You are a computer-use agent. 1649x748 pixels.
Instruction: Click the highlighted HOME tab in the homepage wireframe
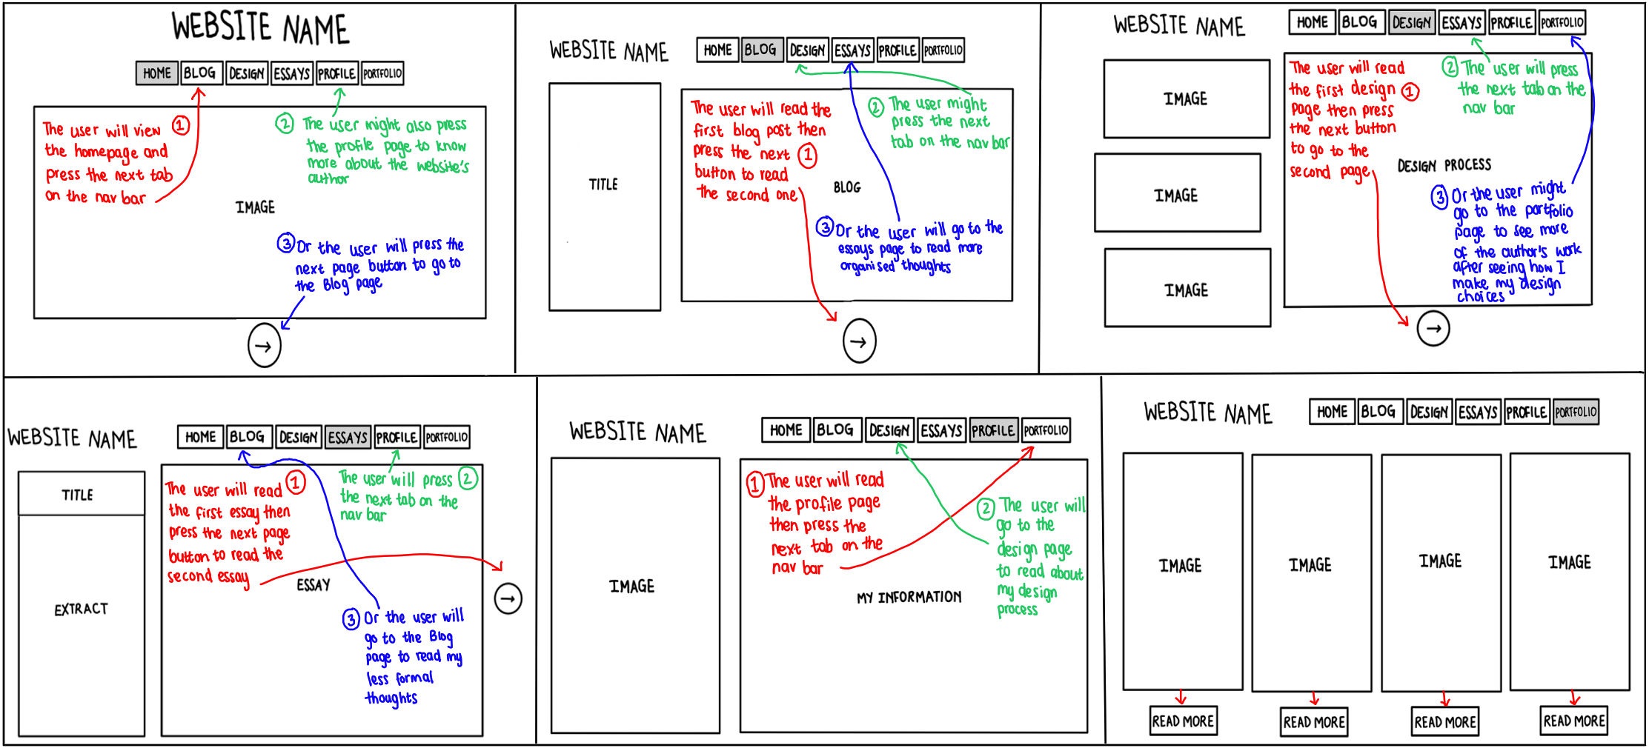pyautogui.click(x=157, y=73)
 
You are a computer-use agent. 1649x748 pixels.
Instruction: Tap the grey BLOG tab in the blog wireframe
pyautogui.click(x=761, y=50)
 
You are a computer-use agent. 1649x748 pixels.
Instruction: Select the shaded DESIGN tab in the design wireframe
pyautogui.click(x=1411, y=22)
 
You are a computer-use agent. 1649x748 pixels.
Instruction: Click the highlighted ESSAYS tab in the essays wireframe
pyautogui.click(x=348, y=437)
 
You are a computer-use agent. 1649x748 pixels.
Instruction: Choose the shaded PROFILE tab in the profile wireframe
pyautogui.click(x=993, y=430)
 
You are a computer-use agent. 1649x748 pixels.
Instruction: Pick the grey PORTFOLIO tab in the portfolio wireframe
pyautogui.click(x=1576, y=412)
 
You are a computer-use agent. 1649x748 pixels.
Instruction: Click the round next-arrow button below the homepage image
pyautogui.click(x=264, y=346)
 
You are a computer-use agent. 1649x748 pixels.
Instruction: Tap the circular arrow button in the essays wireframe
pyautogui.click(x=508, y=598)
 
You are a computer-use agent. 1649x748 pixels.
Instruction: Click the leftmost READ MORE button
pyautogui.click(x=1183, y=721)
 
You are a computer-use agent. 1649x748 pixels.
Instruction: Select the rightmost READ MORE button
pyautogui.click(x=1574, y=721)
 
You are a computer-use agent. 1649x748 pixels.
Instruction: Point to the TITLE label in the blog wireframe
pyautogui.click(x=603, y=184)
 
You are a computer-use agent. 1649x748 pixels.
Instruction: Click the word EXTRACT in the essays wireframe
pyautogui.click(x=82, y=610)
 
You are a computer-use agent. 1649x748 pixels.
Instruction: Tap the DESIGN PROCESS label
pyautogui.click(x=1444, y=165)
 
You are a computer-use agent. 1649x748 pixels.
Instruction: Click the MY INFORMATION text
pyautogui.click(x=909, y=597)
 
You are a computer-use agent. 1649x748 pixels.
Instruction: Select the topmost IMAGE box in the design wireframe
pyautogui.click(x=1186, y=98)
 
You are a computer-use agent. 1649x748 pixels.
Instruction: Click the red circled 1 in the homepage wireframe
pyautogui.click(x=181, y=125)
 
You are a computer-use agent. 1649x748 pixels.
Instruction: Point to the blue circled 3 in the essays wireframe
pyautogui.click(x=351, y=618)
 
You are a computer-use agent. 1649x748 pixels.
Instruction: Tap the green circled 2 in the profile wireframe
pyautogui.click(x=985, y=509)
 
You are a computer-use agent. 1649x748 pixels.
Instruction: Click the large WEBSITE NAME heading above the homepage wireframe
pyautogui.click(x=260, y=28)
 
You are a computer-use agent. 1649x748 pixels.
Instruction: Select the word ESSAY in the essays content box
pyautogui.click(x=313, y=585)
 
